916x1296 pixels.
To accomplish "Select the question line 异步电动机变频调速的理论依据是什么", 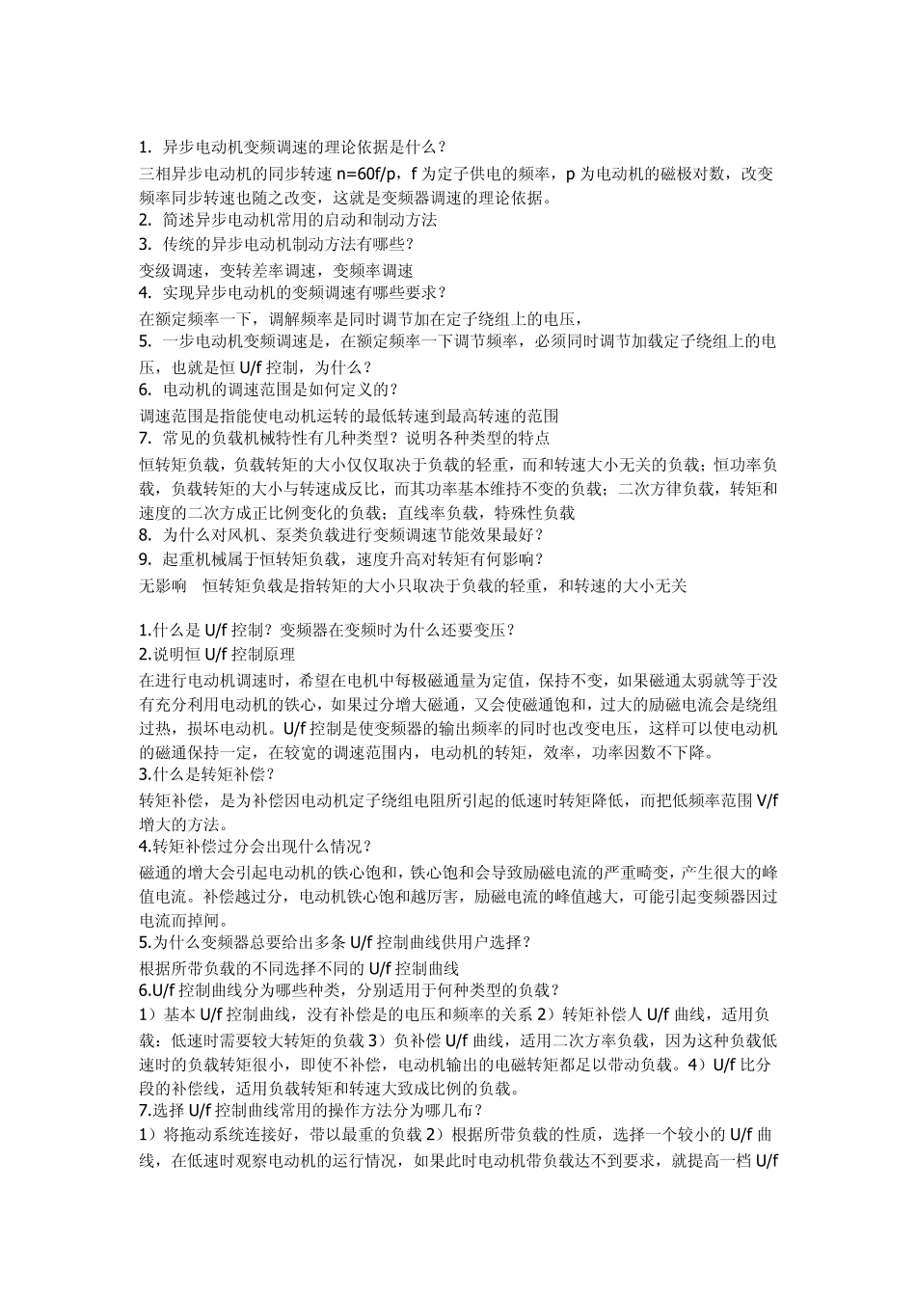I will click(292, 148).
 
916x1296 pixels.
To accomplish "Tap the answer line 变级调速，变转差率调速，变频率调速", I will click(277, 271).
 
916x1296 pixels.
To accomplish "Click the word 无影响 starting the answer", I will click(163, 585).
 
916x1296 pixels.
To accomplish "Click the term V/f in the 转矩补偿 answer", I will click(768, 800).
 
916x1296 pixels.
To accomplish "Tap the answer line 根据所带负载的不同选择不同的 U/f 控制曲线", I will click(299, 967).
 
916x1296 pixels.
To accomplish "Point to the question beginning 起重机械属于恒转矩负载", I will click(342, 559).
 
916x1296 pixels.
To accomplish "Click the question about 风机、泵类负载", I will click(342, 534).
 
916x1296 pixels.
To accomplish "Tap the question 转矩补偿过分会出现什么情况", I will click(256, 847).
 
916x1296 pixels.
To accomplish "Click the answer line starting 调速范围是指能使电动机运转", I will click(349, 416).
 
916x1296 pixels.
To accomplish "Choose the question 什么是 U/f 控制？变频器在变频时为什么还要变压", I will click(328, 631).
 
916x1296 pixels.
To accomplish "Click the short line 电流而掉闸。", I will click(185, 920).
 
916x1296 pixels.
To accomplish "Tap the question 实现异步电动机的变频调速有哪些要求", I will click(292, 292).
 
